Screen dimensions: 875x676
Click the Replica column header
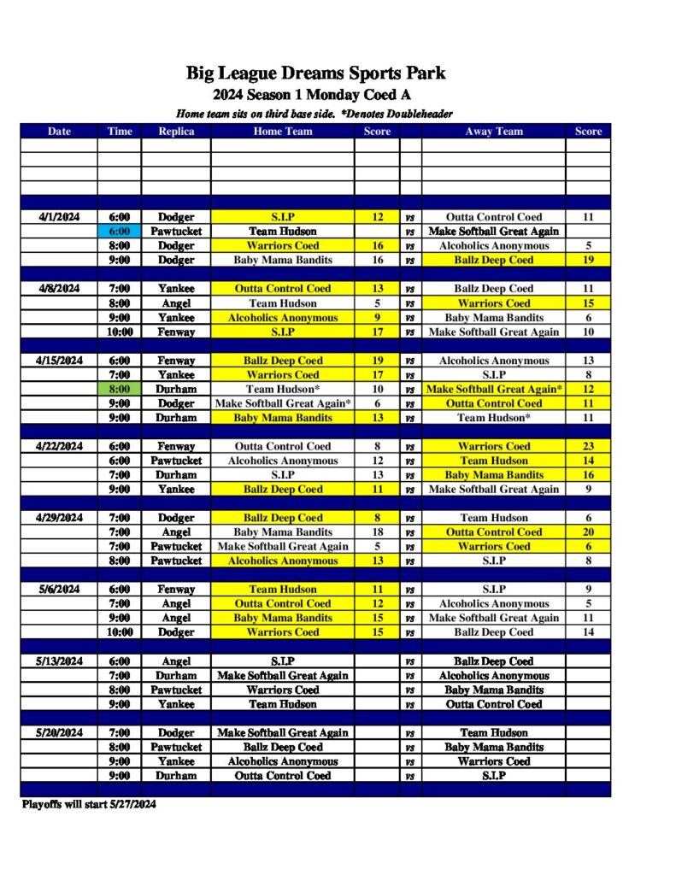(x=176, y=132)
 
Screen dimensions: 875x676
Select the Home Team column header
(x=283, y=132)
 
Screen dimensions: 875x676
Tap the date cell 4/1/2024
(x=59, y=217)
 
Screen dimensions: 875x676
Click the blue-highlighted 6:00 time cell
(x=120, y=232)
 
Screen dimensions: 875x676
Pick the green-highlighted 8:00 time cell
(x=120, y=389)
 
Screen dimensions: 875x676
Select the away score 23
(x=588, y=446)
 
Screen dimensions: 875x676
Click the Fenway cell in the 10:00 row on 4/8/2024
(x=176, y=332)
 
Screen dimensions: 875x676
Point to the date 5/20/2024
(x=59, y=732)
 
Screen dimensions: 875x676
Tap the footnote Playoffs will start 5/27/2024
(x=89, y=804)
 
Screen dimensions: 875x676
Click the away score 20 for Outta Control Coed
(x=588, y=531)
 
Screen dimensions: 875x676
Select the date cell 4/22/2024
(x=59, y=446)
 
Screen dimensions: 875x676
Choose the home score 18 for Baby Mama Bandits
(x=377, y=531)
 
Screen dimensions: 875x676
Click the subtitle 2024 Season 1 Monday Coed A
(x=316, y=95)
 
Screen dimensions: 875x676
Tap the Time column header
(x=120, y=132)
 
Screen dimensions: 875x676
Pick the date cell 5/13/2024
(x=59, y=661)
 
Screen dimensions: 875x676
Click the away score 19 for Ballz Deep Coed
(x=588, y=260)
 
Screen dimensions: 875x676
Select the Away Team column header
(x=494, y=132)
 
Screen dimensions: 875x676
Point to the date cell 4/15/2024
(x=59, y=361)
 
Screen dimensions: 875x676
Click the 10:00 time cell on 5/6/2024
(x=120, y=632)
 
